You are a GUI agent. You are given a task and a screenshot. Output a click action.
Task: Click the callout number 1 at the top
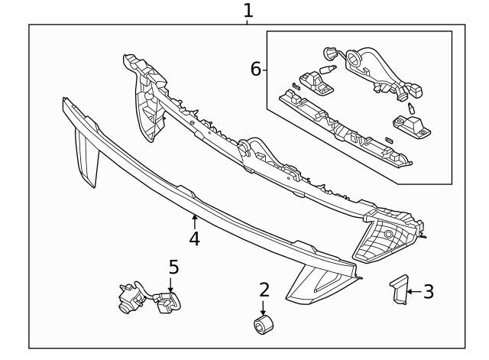(x=248, y=11)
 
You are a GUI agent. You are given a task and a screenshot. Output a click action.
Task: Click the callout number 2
(x=264, y=290)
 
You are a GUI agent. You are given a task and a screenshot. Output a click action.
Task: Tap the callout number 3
(x=429, y=291)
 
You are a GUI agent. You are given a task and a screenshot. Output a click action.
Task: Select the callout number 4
(x=195, y=239)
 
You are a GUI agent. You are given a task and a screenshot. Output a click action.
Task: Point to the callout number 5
(x=173, y=267)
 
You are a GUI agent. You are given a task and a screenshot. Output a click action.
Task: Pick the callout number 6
(x=256, y=70)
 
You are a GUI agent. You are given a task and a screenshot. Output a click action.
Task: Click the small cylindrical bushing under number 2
(x=263, y=325)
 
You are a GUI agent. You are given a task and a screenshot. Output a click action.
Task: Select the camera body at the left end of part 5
(x=127, y=299)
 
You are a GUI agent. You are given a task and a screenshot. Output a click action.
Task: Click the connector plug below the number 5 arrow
(x=165, y=306)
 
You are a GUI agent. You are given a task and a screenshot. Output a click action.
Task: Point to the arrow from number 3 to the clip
(x=413, y=291)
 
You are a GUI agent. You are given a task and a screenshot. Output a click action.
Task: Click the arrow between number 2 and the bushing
(x=264, y=307)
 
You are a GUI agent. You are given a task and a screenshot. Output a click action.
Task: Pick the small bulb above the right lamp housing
(x=410, y=107)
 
